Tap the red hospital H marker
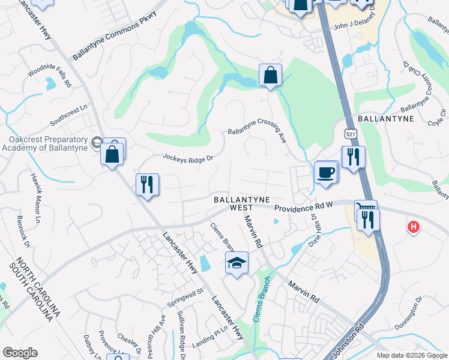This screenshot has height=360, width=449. coord(413,227)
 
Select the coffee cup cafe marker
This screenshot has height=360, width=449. coord(325,172)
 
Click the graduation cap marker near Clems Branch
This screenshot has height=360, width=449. coord(237,262)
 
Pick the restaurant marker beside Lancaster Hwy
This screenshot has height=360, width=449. coord(147,184)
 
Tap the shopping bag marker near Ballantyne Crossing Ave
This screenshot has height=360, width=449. coord(270,76)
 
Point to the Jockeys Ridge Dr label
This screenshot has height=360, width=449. coord(188,158)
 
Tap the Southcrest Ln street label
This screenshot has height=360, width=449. coord(68,112)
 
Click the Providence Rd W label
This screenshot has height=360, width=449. coord(303,206)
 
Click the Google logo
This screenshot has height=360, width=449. coord(20,353)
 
